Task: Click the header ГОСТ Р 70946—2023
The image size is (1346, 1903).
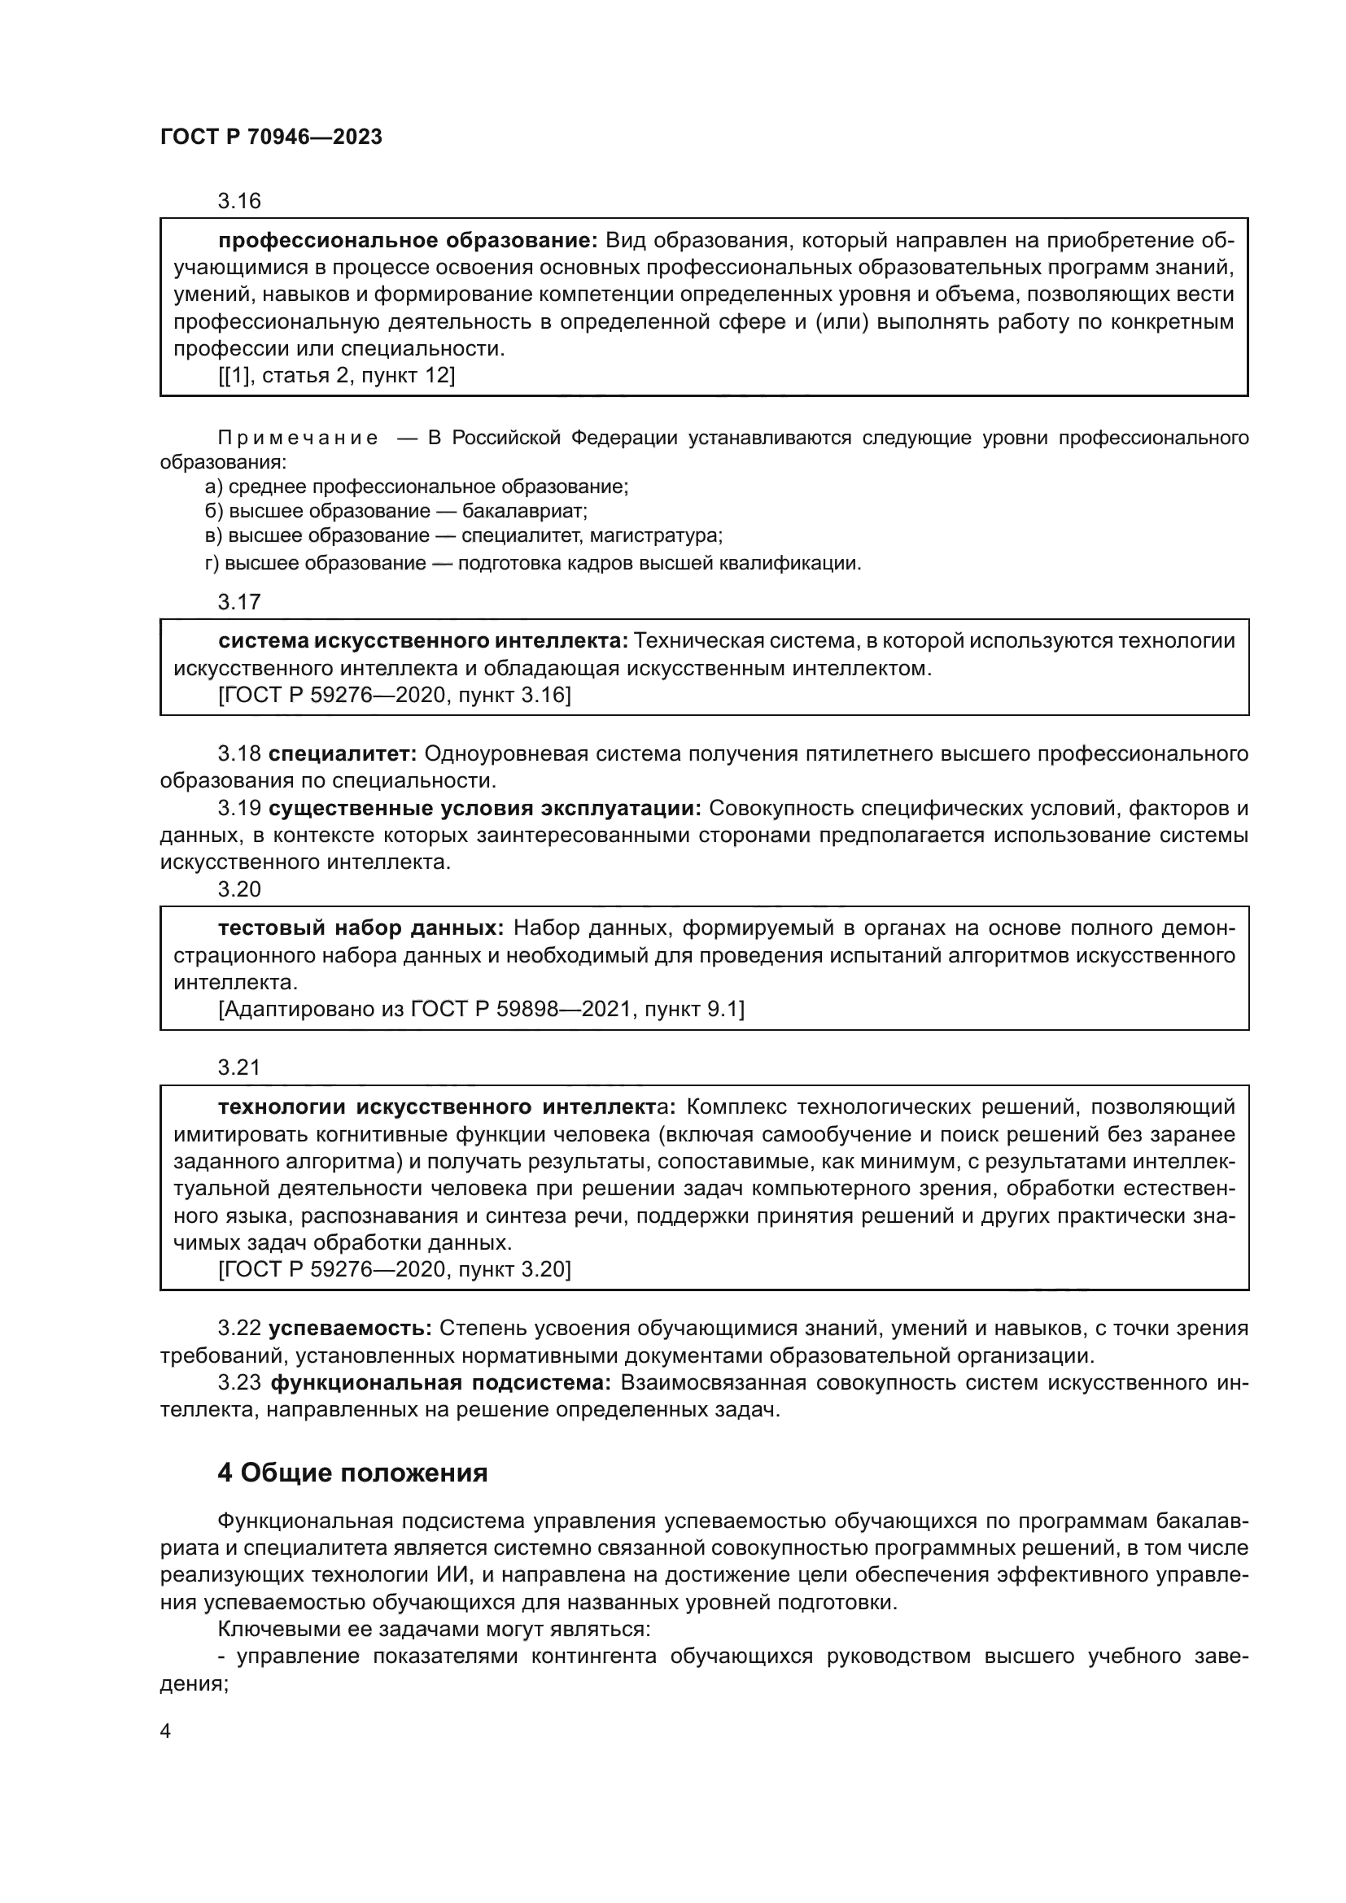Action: pos(271,137)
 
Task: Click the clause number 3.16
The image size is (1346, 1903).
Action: pos(238,202)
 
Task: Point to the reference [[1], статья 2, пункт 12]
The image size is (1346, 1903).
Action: pos(337,375)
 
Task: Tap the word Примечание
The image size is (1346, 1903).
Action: pos(298,439)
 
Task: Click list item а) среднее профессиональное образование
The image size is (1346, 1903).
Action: pos(417,487)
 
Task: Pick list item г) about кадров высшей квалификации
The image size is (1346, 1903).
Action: pos(533,565)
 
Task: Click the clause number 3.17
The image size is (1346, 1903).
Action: pos(238,603)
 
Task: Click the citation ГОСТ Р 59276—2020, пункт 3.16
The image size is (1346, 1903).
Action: pos(395,696)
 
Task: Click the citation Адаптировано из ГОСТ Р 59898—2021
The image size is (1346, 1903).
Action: pos(481,1010)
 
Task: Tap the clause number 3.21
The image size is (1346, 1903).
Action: pos(238,1067)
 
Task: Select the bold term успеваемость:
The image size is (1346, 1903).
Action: pos(350,1329)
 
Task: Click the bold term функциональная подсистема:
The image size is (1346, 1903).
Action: pos(441,1382)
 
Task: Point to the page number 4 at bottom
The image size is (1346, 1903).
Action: pos(165,1731)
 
